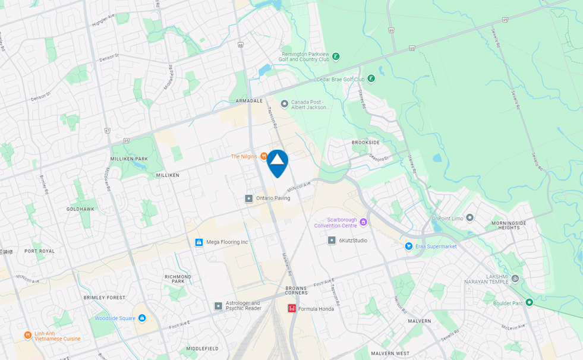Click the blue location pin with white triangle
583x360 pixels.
(x=278, y=162)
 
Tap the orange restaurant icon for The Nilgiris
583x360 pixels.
(x=263, y=156)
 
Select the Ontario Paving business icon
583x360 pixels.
(x=248, y=198)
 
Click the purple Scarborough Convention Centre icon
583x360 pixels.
(x=363, y=222)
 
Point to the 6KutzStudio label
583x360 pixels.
(x=353, y=241)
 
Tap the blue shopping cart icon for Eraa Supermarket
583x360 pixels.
(x=409, y=246)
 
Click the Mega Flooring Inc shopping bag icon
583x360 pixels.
(x=199, y=242)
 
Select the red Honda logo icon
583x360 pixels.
(x=292, y=308)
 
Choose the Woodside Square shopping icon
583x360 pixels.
(x=142, y=318)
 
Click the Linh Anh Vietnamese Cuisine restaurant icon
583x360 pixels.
(x=27, y=335)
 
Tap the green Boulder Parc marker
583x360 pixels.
(x=529, y=302)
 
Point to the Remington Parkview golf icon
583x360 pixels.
(x=336, y=56)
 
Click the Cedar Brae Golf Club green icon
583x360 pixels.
(x=371, y=78)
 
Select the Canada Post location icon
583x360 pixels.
(x=284, y=104)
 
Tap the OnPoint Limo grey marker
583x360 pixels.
(x=469, y=217)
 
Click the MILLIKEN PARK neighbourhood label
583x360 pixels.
(x=129, y=159)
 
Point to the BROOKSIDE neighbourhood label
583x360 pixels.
(x=365, y=143)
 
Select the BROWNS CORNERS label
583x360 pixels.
(x=297, y=290)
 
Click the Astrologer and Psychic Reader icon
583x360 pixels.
(x=218, y=306)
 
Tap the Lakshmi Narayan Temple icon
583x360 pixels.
(x=515, y=278)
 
